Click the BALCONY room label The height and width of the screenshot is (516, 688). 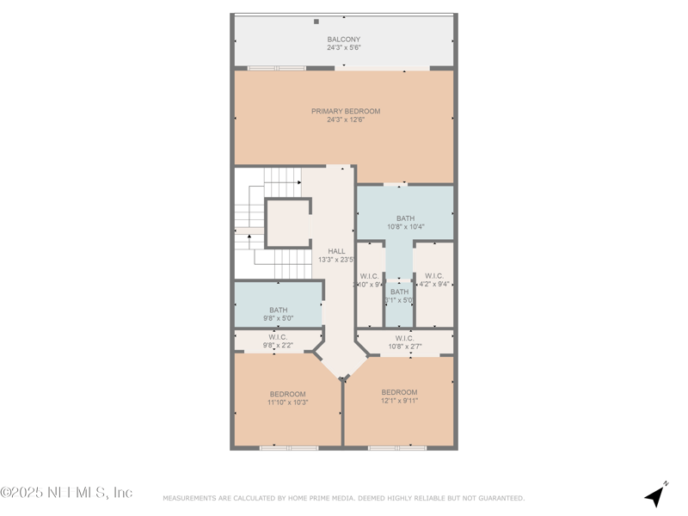pos(343,40)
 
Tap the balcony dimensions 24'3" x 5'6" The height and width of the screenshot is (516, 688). pos(343,48)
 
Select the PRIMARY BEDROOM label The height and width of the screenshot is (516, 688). pos(345,111)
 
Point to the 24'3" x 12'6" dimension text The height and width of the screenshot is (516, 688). pos(345,120)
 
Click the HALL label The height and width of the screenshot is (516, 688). pos(336,251)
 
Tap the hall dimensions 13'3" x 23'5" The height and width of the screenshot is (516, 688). pos(336,260)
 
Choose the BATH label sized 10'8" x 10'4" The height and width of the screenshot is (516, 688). pos(405,218)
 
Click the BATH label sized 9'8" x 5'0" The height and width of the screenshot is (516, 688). pos(279,310)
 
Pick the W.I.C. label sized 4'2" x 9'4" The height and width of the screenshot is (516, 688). pos(434,276)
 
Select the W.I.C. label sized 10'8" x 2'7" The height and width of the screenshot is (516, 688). pos(404,338)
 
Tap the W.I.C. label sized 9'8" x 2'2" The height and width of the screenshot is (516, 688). pos(278,337)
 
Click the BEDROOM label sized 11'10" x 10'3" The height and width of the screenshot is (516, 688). pos(287,394)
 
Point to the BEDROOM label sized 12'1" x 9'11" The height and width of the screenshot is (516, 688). pos(399,392)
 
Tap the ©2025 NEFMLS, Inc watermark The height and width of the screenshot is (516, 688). pos(66,493)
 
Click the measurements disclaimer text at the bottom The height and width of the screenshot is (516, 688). pos(343,498)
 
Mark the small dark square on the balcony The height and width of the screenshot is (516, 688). pos(316,21)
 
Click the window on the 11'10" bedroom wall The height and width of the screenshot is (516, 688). pos(289,447)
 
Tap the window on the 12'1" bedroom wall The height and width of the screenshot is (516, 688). pos(397,447)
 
